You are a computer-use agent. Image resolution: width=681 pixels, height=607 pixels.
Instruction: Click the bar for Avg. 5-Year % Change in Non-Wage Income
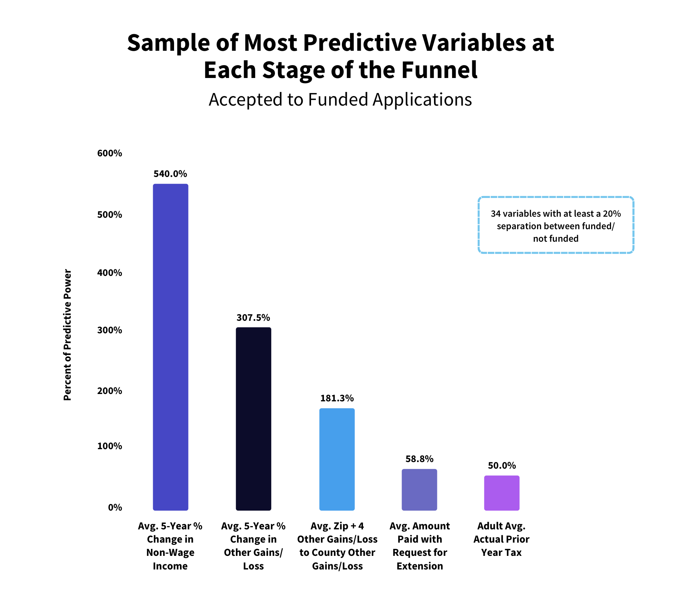170,347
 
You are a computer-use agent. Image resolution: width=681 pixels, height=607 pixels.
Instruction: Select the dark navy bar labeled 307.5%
253,419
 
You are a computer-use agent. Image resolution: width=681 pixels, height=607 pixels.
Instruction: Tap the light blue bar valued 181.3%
337,459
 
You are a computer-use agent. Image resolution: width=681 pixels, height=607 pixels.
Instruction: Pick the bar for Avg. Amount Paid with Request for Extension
419,490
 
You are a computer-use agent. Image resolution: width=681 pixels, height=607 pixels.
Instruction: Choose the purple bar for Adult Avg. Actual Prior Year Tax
501,493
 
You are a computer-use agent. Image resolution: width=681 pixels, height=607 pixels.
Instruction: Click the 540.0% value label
170,174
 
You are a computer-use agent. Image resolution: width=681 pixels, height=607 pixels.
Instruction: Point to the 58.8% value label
419,459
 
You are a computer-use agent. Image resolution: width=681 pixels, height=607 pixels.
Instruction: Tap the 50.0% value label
502,465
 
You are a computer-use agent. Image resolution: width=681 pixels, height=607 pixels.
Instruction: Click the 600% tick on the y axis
109,153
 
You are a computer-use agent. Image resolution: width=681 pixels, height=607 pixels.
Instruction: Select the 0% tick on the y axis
115,507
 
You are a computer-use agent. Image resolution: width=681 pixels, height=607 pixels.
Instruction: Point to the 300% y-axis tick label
109,330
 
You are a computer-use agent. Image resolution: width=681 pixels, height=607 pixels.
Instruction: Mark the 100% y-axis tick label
109,446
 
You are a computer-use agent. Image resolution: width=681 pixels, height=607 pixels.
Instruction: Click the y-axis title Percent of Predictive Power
67,335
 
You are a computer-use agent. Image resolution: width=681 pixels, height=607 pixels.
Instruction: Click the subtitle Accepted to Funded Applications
340,99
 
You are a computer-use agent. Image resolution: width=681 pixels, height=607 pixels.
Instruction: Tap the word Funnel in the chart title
439,70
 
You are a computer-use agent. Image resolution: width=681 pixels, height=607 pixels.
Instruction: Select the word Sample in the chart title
169,43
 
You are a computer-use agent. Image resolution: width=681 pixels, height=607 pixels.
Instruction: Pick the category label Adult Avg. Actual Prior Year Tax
501,539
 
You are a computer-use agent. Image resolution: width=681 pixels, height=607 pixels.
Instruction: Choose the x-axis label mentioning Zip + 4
337,546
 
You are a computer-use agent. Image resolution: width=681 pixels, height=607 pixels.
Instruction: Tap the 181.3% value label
337,398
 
